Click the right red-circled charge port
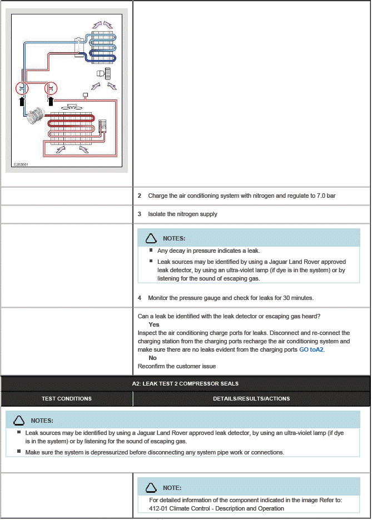point(51,88)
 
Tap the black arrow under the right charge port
point(51,101)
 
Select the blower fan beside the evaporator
point(104,73)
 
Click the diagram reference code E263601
point(21,164)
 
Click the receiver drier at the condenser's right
point(102,126)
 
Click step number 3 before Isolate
point(140,214)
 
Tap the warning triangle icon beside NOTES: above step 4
point(151,238)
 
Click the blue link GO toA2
point(311,349)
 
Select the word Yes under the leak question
point(154,324)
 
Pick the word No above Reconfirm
point(152,358)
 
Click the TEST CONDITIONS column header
point(67,398)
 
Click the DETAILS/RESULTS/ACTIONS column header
point(251,398)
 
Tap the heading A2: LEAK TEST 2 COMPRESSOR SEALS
point(185,384)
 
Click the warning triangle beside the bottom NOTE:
point(151,488)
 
